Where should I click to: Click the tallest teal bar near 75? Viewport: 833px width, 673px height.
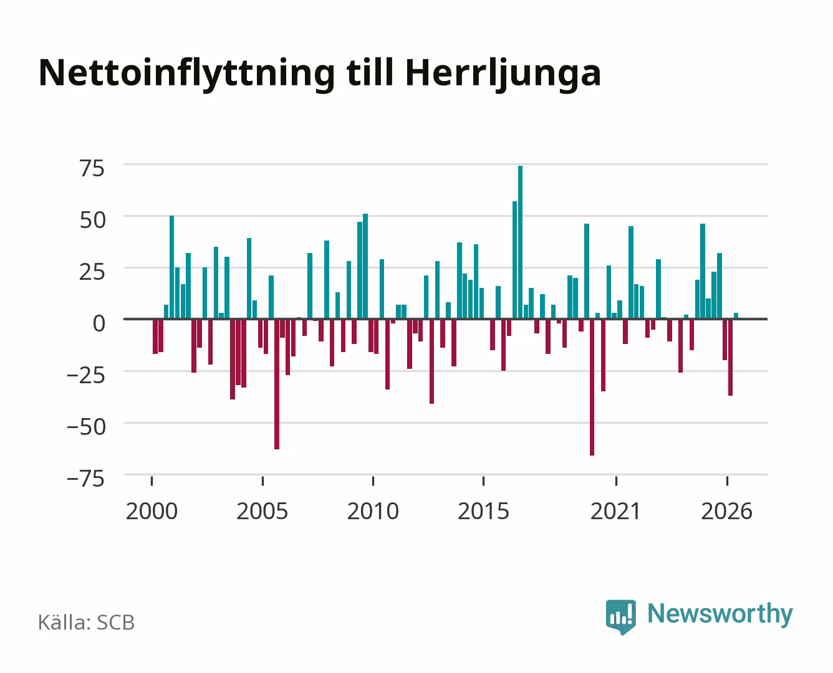[520, 242]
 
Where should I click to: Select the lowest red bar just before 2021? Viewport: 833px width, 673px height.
[592, 388]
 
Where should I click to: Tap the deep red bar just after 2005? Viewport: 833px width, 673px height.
[277, 384]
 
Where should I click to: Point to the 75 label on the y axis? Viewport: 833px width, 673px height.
[92, 169]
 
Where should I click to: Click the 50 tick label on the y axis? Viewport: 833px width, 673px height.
[93, 220]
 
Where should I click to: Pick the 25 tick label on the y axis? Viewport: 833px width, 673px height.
[92, 272]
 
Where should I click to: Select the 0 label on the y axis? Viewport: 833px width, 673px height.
[99, 323]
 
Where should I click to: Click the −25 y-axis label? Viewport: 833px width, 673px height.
[86, 376]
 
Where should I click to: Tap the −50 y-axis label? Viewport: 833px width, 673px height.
[86, 427]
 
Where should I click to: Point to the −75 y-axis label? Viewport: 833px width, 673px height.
[86, 479]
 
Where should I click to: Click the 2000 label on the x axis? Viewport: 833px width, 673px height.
[152, 511]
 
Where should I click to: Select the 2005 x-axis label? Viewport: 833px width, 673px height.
[262, 511]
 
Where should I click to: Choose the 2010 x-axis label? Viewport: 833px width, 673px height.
[373, 511]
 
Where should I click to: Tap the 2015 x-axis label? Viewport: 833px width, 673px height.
[484, 511]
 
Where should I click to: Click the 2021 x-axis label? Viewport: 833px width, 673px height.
[615, 511]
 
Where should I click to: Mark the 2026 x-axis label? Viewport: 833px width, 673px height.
[727, 511]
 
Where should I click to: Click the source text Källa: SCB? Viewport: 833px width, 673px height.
[87, 622]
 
